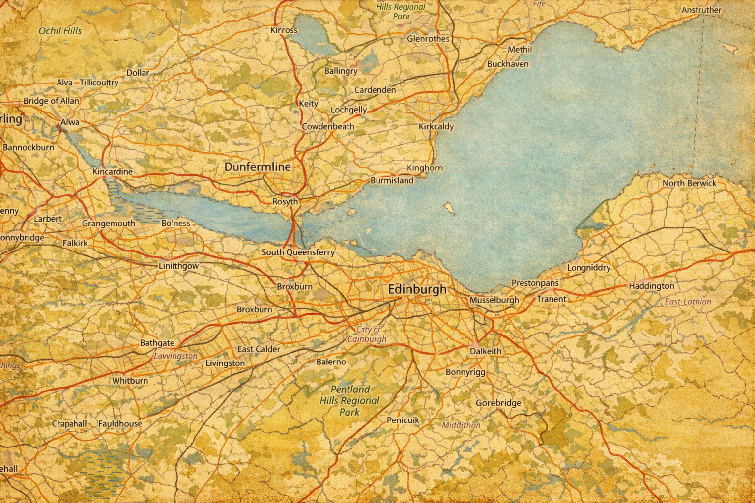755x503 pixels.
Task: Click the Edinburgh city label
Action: click(x=417, y=289)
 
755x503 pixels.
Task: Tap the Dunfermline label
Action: click(x=258, y=167)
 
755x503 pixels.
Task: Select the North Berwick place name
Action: click(x=689, y=183)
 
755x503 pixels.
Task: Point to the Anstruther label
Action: click(x=701, y=10)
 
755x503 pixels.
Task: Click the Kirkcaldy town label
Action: click(x=436, y=126)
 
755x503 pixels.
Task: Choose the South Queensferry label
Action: click(x=298, y=252)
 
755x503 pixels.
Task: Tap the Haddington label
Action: click(x=651, y=286)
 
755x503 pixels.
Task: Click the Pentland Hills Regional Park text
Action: click(x=349, y=401)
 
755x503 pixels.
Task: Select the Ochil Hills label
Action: click(x=60, y=31)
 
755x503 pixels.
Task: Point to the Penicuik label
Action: click(x=403, y=420)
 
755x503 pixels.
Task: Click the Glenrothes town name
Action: click(x=428, y=39)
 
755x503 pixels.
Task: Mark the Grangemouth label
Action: click(x=108, y=224)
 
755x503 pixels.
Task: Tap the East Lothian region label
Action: click(x=688, y=302)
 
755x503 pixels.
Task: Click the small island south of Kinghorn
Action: click(x=449, y=208)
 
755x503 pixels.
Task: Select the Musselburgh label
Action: click(x=494, y=300)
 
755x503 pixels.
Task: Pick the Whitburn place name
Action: click(x=130, y=381)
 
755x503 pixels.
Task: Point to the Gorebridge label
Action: click(x=498, y=403)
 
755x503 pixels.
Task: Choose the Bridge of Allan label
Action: click(x=51, y=101)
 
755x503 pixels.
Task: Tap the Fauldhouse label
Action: click(x=120, y=424)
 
